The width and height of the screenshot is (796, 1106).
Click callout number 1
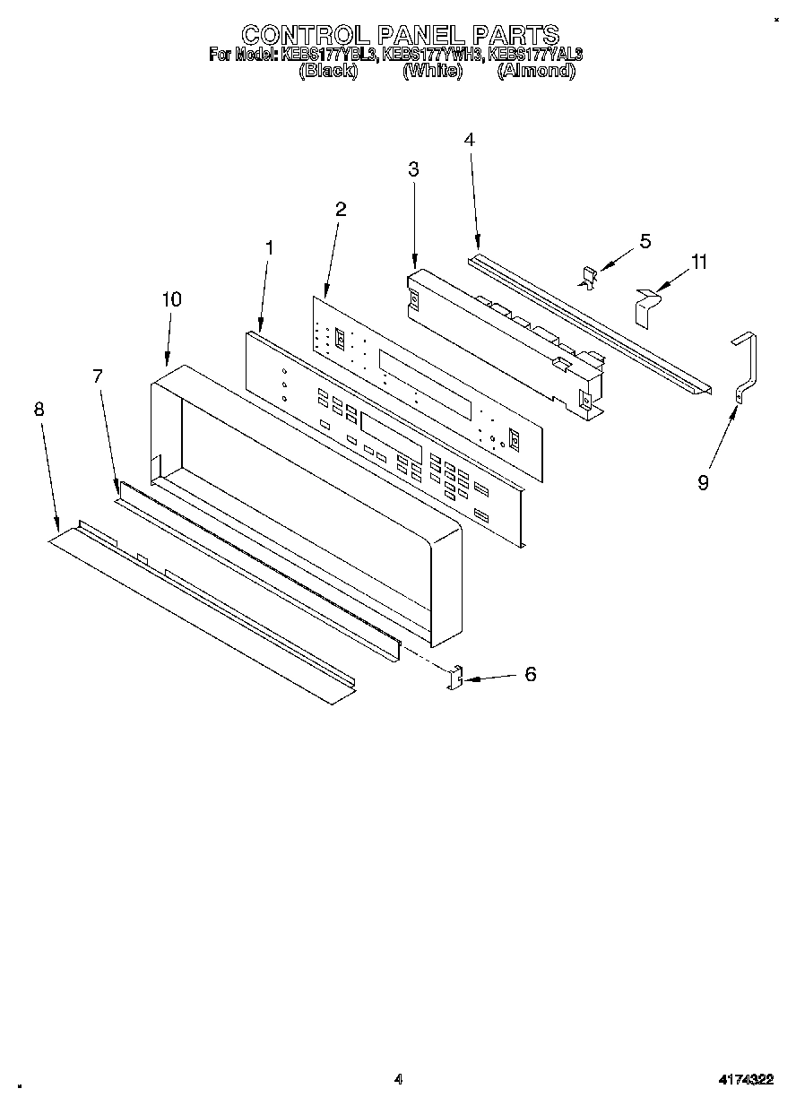click(270, 246)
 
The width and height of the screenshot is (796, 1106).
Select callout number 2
click(341, 209)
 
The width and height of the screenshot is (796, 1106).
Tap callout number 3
click(413, 168)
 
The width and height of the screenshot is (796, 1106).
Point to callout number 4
click(469, 140)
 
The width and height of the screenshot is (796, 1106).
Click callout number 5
click(645, 241)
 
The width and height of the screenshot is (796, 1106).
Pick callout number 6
click(531, 674)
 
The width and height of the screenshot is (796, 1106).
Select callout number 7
click(99, 376)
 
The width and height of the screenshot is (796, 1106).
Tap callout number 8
click(39, 409)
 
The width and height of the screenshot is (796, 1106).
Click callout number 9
click(704, 482)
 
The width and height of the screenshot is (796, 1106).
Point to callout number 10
click(171, 299)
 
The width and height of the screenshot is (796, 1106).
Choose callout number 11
click(699, 262)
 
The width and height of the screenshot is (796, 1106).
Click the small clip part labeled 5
click(589, 278)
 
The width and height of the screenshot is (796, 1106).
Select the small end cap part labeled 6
click(455, 678)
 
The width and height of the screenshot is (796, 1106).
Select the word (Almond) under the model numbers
click(535, 71)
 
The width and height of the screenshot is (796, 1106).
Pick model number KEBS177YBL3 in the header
click(329, 55)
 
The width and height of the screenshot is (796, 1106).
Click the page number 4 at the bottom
click(398, 1079)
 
